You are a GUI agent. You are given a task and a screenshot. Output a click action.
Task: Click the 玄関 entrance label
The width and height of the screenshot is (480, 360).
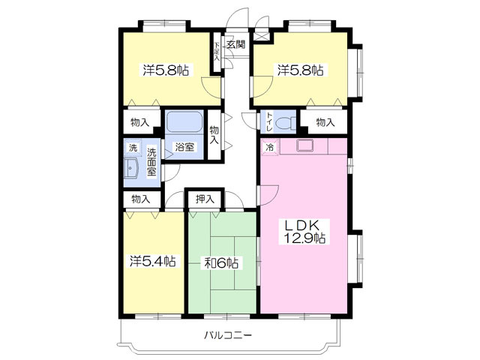pos(236,45)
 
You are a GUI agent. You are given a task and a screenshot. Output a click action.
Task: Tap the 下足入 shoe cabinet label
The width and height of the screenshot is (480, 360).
pos(217,52)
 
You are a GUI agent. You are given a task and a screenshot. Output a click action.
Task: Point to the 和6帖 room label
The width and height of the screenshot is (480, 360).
pos(221,263)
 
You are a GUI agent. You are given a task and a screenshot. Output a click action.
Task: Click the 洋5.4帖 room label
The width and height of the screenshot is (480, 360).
pos(153,261)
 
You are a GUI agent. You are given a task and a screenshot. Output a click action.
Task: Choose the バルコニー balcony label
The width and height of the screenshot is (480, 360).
pos(228,334)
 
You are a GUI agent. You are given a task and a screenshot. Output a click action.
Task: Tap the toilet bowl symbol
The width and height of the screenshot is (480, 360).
pos(286,124)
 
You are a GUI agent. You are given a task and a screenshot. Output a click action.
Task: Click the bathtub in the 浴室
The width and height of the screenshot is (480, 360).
pos(184,121)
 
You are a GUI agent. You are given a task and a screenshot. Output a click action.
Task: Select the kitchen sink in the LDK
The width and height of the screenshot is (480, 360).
pos(304,145)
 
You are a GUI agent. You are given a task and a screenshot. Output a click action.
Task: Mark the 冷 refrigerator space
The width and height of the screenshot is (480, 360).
pos(270,147)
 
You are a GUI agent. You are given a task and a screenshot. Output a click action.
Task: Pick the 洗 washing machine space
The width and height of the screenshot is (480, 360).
pos(133,148)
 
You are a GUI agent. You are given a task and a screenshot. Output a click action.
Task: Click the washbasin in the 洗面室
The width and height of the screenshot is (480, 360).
pos(131,168)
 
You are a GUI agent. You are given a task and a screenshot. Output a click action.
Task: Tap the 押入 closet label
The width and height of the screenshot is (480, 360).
pos(205,199)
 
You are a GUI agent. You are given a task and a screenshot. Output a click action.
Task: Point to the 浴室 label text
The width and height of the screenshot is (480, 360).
pos(184,147)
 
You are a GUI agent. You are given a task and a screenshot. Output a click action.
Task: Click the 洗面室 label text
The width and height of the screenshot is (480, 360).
pos(151,162)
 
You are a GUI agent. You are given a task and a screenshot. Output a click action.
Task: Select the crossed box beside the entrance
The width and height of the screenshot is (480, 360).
pos(262,35)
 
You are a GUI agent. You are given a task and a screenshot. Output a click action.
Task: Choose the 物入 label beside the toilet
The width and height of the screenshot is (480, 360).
pos(325,123)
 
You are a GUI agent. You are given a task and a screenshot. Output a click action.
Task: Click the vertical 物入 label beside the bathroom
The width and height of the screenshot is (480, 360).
pos(214,135)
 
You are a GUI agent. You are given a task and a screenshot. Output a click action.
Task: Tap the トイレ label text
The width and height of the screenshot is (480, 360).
pos(269,122)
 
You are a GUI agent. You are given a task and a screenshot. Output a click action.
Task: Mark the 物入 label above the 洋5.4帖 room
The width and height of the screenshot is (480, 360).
pos(140,199)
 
